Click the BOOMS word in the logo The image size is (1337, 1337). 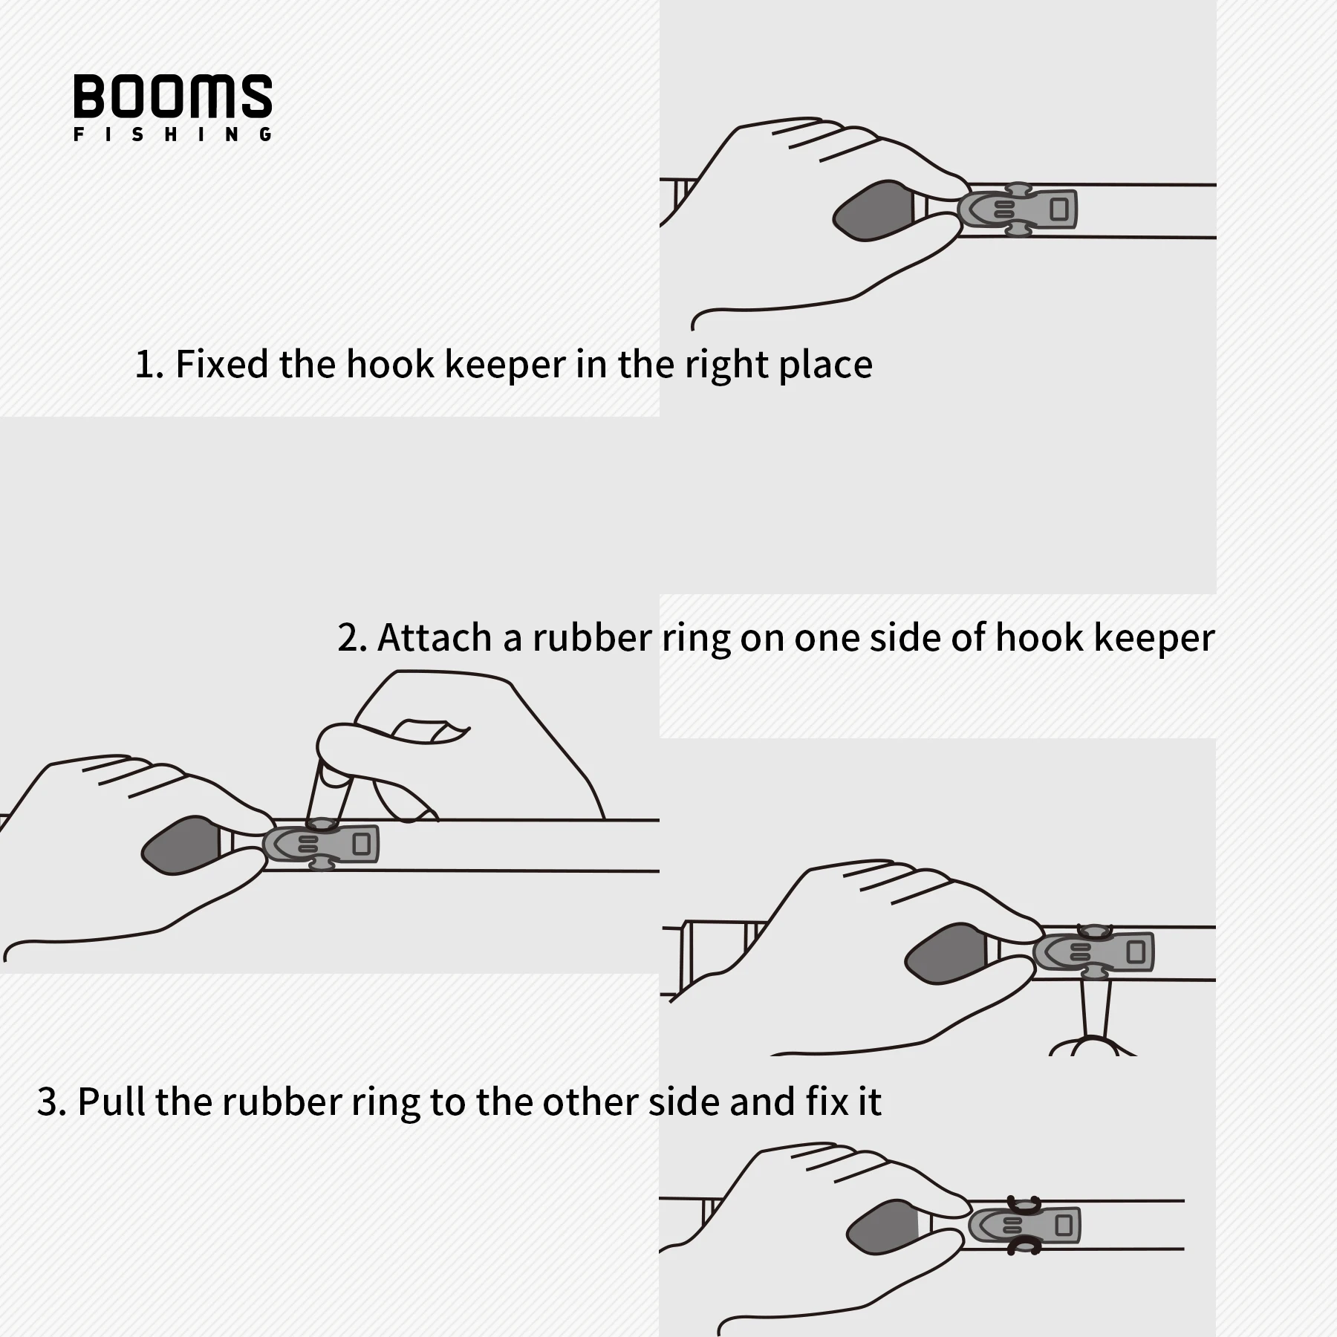(x=172, y=96)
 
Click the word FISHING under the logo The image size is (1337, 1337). (x=172, y=135)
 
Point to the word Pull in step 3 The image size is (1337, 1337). (x=111, y=1101)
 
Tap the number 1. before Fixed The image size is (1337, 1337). (x=149, y=364)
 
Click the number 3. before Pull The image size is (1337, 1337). (x=51, y=1102)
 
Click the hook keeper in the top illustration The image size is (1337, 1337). (x=1018, y=209)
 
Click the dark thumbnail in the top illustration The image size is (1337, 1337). (x=873, y=210)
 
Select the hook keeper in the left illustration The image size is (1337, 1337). (x=322, y=844)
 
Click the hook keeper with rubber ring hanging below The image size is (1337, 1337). (x=1095, y=951)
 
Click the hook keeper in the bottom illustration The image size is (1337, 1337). (x=1026, y=1225)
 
